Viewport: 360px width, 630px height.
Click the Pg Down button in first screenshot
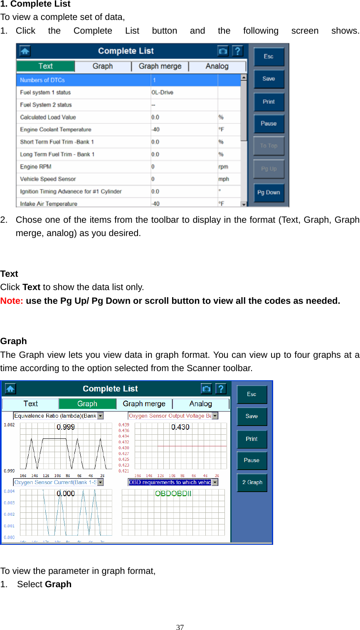pos(269,192)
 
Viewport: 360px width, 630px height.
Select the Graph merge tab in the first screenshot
pos(160,66)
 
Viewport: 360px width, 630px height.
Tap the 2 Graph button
pos(252,482)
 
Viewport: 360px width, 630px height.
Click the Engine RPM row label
pos(36,167)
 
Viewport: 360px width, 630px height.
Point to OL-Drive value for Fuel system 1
pos(162,92)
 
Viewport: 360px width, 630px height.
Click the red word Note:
pos(12,301)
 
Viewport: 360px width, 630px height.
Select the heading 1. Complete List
pos(35,4)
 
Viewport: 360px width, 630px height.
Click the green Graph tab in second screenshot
pos(87,404)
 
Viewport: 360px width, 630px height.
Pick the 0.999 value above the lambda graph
pos(66,427)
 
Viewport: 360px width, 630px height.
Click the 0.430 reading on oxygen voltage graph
pos(180,427)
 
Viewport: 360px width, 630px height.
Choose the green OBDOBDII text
pos(173,493)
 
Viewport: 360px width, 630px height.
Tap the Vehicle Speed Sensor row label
pos(48,179)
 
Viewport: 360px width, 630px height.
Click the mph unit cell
pos(224,179)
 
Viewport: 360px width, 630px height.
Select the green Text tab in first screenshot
pos(46,66)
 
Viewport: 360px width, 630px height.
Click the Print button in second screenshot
pos(252,439)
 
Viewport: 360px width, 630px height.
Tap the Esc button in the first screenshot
pos(269,57)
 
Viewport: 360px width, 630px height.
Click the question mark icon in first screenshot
pos(237,51)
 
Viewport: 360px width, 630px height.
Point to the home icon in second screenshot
pos(10,389)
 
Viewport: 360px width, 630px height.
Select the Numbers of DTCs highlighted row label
pos(42,80)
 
